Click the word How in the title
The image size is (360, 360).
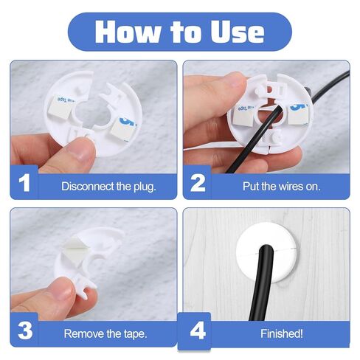pyautogui.click(x=128, y=32)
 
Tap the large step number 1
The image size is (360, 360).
pyautogui.click(x=24, y=183)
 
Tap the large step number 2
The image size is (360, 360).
pyautogui.click(x=198, y=183)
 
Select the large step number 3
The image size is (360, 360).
pyautogui.click(x=25, y=330)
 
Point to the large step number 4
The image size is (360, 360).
pyautogui.click(x=198, y=330)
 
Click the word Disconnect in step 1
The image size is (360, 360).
pyautogui.click(x=88, y=186)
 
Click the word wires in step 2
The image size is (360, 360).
pyautogui.click(x=291, y=187)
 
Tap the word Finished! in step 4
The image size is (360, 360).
pyautogui.click(x=282, y=333)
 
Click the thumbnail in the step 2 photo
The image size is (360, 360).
pyautogui.click(x=232, y=83)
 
